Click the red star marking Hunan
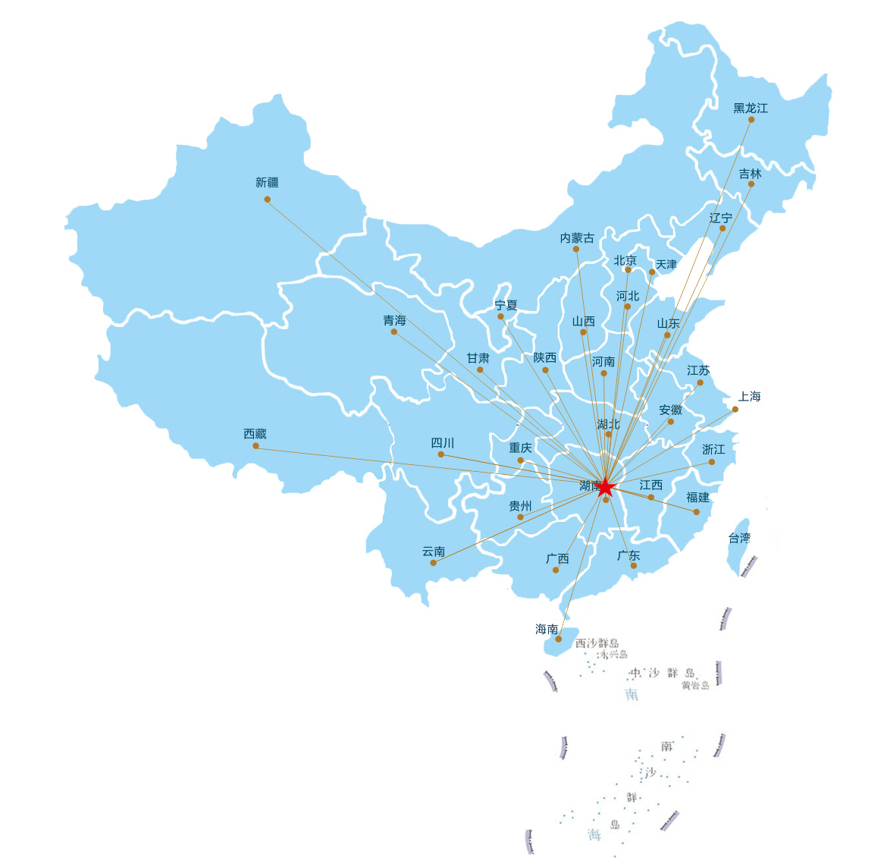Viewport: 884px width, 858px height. (x=604, y=487)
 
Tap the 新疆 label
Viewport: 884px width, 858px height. (x=267, y=183)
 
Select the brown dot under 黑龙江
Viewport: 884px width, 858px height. (x=751, y=119)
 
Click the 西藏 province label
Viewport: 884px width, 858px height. (x=255, y=434)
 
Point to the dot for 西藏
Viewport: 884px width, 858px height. (x=255, y=446)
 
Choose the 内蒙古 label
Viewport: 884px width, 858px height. (x=577, y=238)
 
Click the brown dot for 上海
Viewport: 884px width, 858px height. (x=735, y=410)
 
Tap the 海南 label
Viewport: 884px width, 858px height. (x=547, y=629)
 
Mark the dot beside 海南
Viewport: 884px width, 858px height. (x=559, y=639)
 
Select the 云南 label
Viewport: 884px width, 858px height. (x=434, y=552)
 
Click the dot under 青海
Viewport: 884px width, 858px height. (x=394, y=332)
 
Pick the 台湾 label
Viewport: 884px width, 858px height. (x=739, y=538)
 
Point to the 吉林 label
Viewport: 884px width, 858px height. (x=750, y=174)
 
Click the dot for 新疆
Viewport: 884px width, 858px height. (x=267, y=200)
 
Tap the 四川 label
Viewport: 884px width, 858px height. (x=442, y=443)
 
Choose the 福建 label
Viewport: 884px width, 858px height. (x=697, y=498)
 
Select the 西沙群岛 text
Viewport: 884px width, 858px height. (x=597, y=643)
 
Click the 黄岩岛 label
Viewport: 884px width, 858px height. (x=694, y=685)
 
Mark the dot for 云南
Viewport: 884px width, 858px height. (x=433, y=563)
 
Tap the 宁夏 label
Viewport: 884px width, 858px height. (x=506, y=305)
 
